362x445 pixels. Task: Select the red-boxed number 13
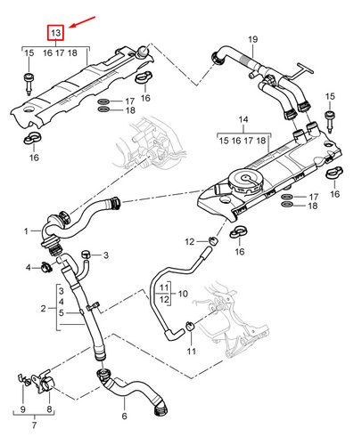point(55,34)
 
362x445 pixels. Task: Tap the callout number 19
point(252,39)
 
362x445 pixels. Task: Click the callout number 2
point(42,308)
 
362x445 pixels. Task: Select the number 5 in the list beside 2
point(61,313)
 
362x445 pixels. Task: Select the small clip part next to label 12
point(213,241)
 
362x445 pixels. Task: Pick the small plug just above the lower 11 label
point(190,328)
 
